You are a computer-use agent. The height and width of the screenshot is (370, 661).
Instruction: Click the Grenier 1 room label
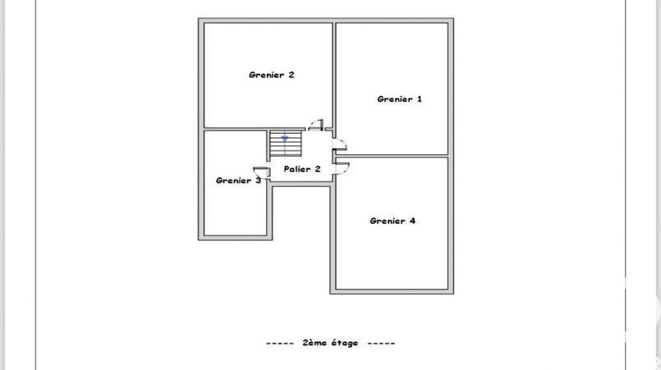pos(399,100)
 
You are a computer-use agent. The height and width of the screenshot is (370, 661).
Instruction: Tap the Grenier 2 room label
pos(271,75)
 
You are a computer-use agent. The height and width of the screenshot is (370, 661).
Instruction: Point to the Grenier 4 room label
pos(392,220)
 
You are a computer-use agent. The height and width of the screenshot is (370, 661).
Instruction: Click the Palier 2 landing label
pos(302,168)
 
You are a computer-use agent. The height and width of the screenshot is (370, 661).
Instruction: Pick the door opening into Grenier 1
pos(340,144)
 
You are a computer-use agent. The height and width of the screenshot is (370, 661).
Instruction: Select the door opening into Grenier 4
pos(341,166)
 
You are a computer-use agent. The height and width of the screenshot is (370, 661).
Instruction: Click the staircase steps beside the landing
pos(285,143)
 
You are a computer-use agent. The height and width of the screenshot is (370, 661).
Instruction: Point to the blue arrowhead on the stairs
pos(285,137)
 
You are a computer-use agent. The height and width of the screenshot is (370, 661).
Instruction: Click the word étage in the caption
pos(343,342)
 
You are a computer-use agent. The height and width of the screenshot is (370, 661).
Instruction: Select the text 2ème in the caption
pos(313,342)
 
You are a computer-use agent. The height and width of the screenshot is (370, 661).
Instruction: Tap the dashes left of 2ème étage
pos(279,342)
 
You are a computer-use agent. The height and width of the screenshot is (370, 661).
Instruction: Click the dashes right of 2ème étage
pos(381,342)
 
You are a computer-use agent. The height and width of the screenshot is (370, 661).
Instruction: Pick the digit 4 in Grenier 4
pos(412,220)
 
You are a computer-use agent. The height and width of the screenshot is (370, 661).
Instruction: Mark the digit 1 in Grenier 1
pos(420,100)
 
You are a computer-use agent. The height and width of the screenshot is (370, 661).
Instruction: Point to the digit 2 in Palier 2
pos(318,168)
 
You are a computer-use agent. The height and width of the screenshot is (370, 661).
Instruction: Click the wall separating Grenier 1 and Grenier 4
pos(392,156)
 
